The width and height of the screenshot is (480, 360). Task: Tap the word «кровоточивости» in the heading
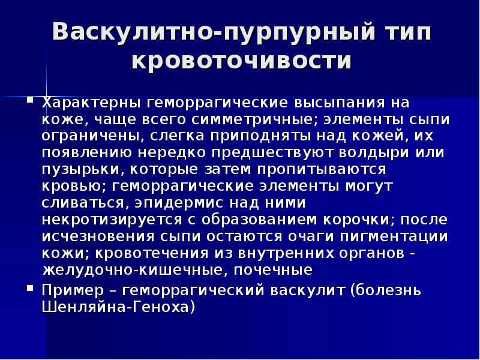[241, 62]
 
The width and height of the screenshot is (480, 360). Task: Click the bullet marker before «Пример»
[29, 289]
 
